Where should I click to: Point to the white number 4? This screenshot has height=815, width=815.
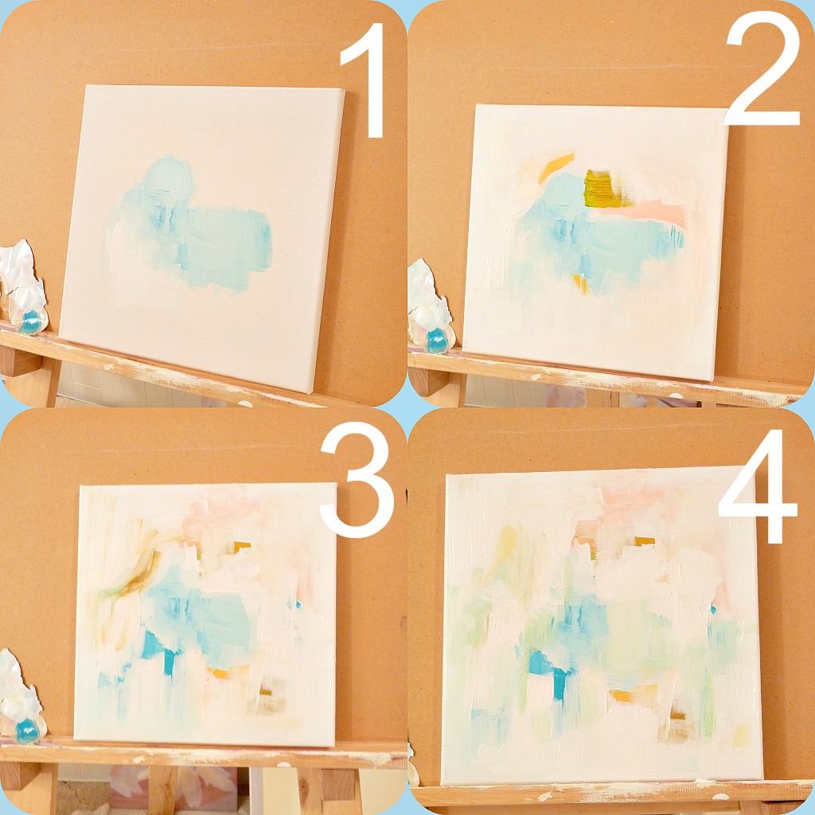(758, 485)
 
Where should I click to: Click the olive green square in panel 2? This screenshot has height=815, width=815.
(603, 189)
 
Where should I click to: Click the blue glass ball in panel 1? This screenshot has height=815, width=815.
(30, 322)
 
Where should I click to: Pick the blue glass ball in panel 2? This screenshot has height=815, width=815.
(438, 341)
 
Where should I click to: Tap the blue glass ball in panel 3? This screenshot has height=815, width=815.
(27, 731)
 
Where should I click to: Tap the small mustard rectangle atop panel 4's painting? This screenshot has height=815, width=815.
(645, 541)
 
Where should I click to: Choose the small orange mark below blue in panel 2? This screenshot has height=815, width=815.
(580, 283)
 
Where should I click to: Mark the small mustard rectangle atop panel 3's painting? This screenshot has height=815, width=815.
(242, 547)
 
